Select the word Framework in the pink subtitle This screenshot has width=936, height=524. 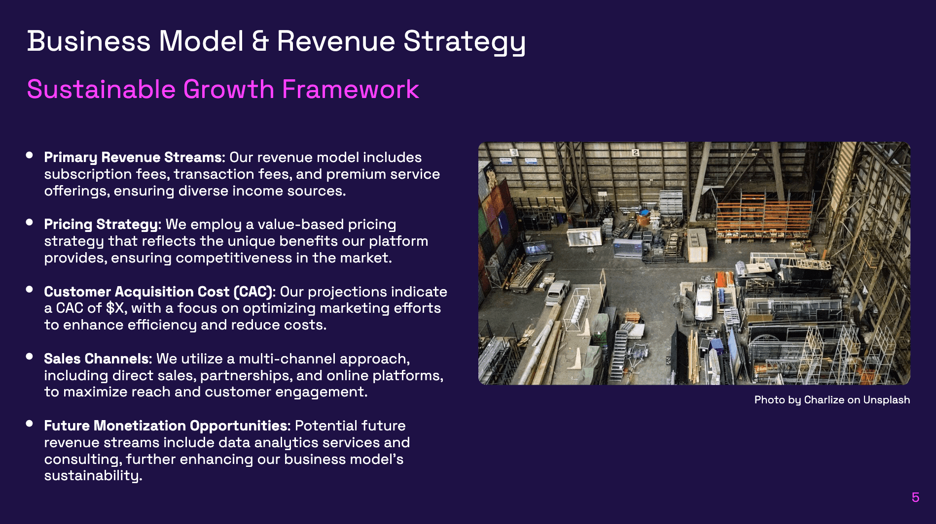pos(350,90)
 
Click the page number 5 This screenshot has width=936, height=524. pos(915,497)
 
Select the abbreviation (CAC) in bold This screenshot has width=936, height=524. pos(253,292)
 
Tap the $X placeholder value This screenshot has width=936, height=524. pos(116,308)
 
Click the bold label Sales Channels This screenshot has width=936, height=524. pos(97,359)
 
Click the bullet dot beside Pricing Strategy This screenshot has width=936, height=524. pos(30,223)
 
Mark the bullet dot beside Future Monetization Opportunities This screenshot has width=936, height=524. pos(30,424)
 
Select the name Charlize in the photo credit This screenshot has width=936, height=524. pos(824,400)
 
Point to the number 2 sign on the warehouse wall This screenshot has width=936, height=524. pos(636,153)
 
